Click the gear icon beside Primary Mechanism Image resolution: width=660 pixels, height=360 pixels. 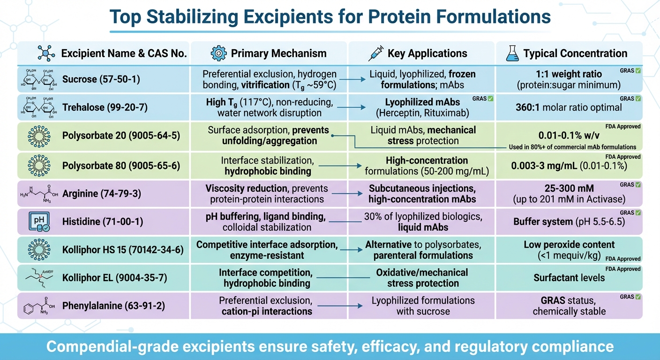pyautogui.click(x=218, y=53)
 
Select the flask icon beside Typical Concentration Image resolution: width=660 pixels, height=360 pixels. pyautogui.click(x=512, y=53)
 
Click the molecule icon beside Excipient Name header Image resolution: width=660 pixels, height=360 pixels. pyautogui.click(x=46, y=53)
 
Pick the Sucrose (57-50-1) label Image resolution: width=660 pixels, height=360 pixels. pyautogui.click(x=101, y=79)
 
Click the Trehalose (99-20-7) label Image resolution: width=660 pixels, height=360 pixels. pyautogui.click(x=105, y=107)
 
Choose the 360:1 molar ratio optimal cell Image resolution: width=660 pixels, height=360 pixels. pyautogui.click(x=569, y=107)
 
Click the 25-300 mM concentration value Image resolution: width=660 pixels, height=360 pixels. pyautogui.click(x=569, y=188)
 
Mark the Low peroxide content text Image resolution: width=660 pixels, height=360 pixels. pyautogui.click(x=569, y=245)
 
